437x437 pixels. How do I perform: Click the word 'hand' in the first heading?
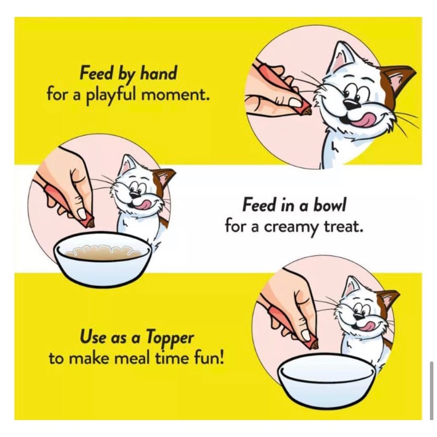tap(158, 74)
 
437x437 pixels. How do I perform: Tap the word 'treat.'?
tap(343, 227)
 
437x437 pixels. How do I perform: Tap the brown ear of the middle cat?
tap(163, 178)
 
